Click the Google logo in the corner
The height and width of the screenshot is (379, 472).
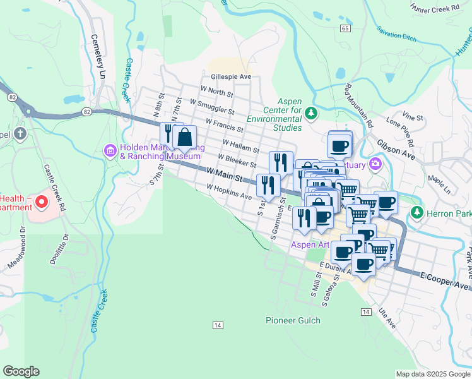21,371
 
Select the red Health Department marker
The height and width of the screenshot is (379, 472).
42,202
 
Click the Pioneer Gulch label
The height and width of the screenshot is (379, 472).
293,320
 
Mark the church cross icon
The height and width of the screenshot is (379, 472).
20,134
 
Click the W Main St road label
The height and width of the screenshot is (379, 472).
225,172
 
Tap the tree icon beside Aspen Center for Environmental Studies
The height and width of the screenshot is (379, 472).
310,113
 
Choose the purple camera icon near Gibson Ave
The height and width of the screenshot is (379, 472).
375,165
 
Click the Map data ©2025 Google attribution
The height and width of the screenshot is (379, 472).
432,374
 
